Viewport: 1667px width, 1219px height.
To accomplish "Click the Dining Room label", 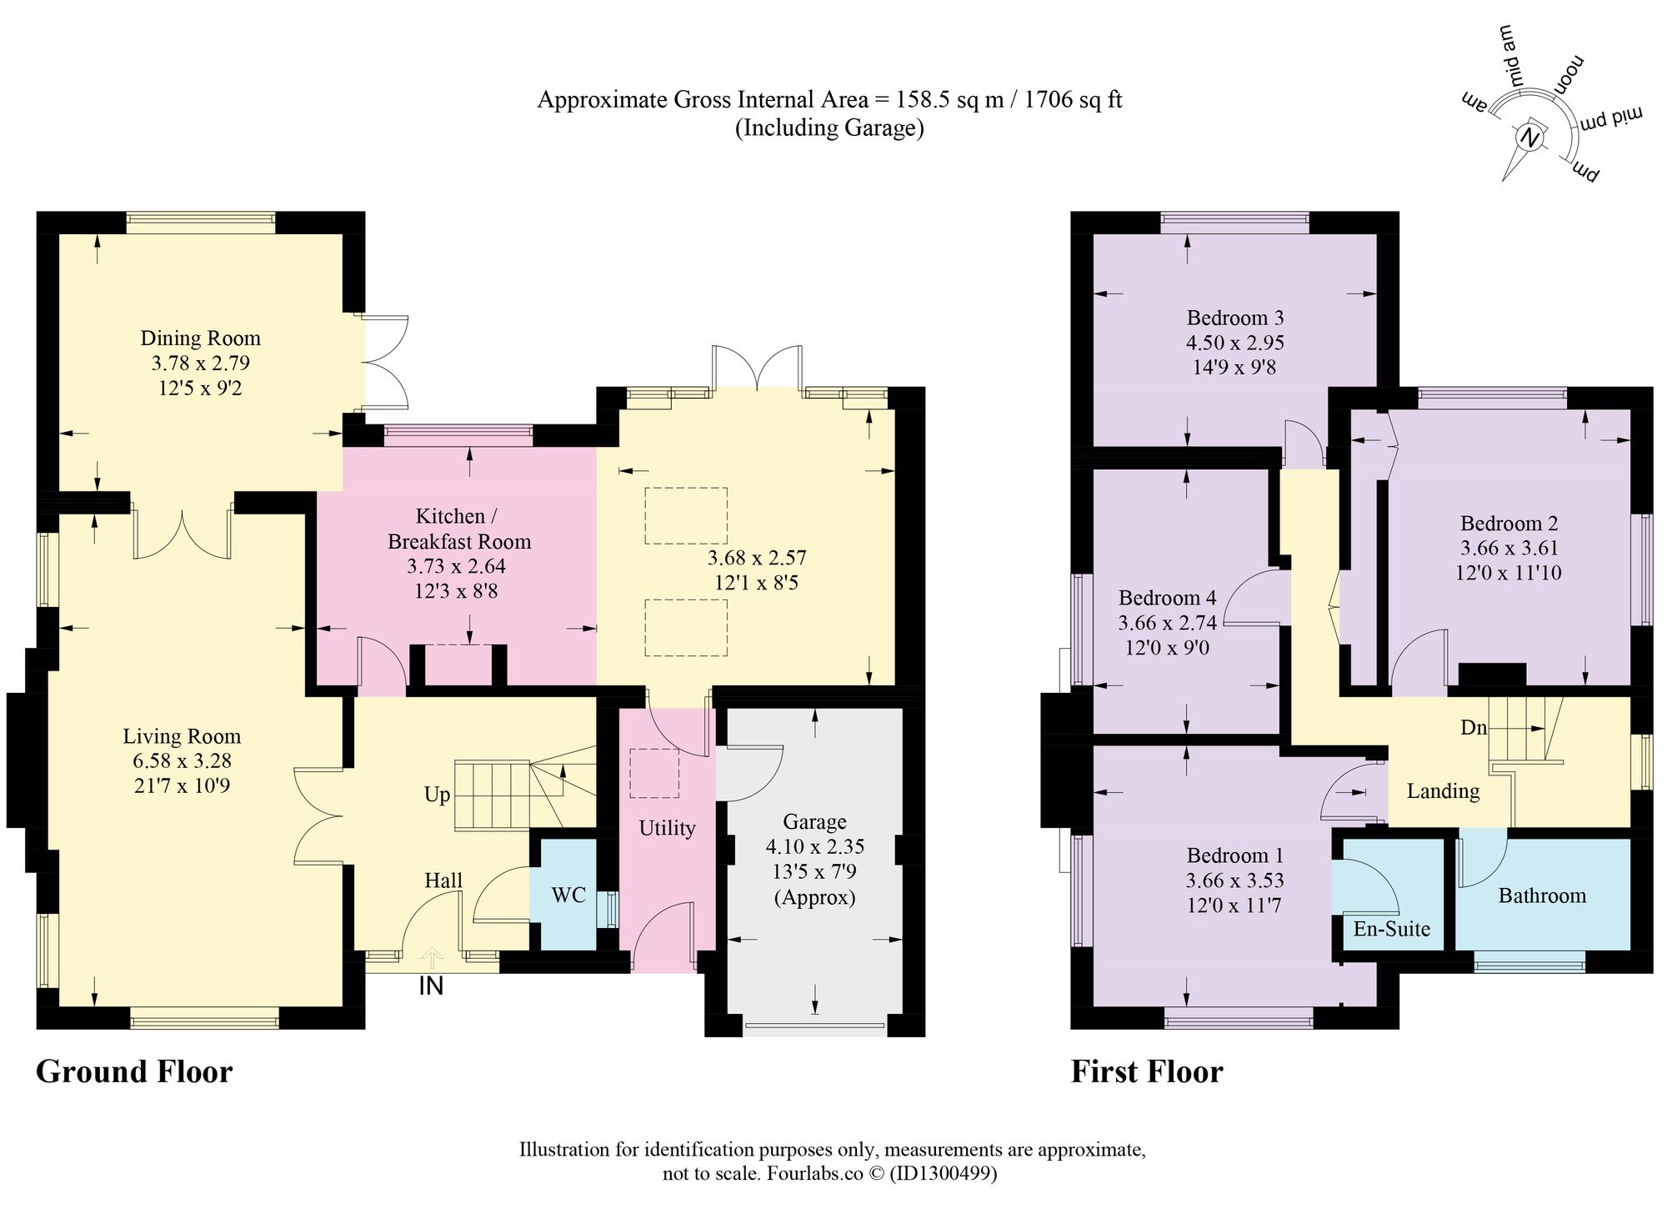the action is coord(200,338).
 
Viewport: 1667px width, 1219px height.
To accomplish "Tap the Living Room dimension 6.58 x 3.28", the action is coord(182,760).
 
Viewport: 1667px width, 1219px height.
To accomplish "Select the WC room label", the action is coord(568,895).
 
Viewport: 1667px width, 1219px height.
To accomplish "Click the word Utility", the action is coord(667,828).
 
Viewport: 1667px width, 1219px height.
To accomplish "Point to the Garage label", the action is coord(814,822).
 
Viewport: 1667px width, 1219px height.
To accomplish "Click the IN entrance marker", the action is coord(431,986).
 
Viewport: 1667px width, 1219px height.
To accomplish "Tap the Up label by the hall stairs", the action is coord(438,795).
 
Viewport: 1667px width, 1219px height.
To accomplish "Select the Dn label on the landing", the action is coord(1474,727).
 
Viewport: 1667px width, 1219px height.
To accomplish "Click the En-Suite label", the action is coord(1391,929).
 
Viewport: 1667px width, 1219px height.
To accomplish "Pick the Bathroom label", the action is coord(1542,895).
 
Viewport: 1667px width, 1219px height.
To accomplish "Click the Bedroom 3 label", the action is coord(1235,318).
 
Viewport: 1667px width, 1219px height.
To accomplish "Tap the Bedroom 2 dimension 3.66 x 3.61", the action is coord(1509,548).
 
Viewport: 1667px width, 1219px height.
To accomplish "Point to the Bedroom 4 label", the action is coord(1167,598).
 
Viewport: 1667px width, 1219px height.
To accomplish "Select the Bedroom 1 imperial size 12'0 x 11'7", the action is coord(1234,905).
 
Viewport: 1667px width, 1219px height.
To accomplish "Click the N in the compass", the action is coord(1529,137).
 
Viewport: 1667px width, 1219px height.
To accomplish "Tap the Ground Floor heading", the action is coord(134,1071).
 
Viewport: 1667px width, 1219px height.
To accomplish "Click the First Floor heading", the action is coord(1147,1071).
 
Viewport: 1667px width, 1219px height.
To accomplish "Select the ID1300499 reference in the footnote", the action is coord(943,1174).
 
